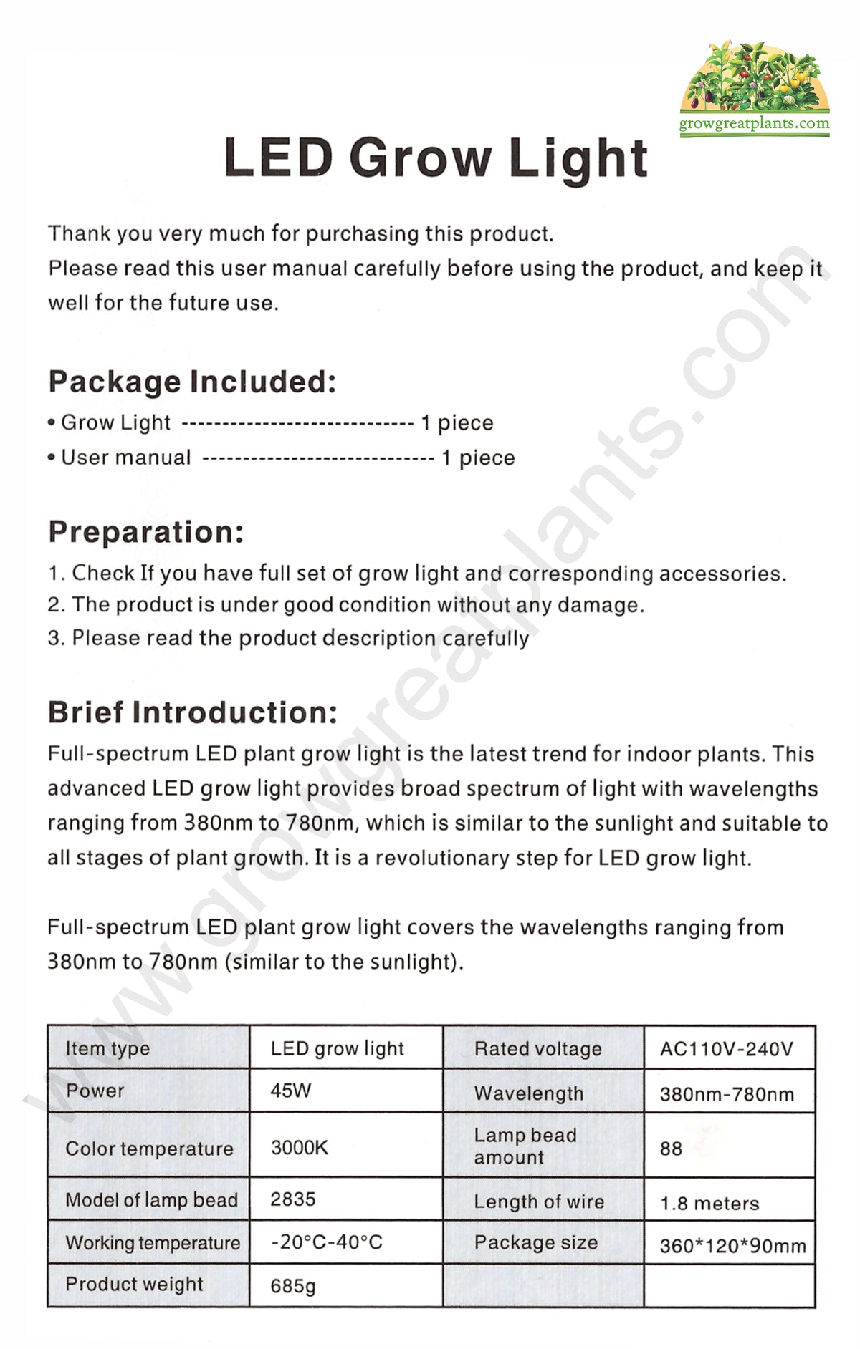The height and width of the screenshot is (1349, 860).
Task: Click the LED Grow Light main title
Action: tap(436, 158)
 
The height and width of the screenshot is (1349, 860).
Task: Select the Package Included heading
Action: tap(192, 382)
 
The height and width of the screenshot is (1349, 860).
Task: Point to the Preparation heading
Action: tap(146, 532)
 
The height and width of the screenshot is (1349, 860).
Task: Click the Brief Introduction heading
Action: tap(192, 712)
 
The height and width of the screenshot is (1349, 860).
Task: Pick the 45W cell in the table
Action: tap(291, 1091)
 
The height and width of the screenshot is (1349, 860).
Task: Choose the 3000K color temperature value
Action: tap(299, 1148)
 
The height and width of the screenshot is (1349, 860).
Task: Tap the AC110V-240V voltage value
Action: tap(726, 1049)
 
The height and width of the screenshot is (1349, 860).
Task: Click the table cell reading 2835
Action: tap(292, 1199)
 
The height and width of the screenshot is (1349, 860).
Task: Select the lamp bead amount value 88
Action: tap(671, 1149)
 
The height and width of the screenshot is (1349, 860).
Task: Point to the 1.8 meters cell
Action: tap(709, 1203)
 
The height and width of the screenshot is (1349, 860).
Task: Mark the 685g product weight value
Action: tap(292, 1286)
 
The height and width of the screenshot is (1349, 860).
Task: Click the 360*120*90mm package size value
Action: tap(732, 1246)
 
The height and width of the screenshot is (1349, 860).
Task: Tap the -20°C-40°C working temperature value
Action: tap(326, 1242)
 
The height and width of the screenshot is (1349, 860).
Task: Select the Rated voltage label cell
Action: tap(537, 1049)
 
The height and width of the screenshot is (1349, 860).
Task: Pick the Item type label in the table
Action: tap(107, 1049)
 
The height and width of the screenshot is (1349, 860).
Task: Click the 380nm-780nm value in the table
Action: tap(727, 1094)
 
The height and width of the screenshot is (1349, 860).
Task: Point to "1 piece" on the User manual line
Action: tap(478, 458)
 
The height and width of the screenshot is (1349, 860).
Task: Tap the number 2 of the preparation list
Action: tap(54, 605)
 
